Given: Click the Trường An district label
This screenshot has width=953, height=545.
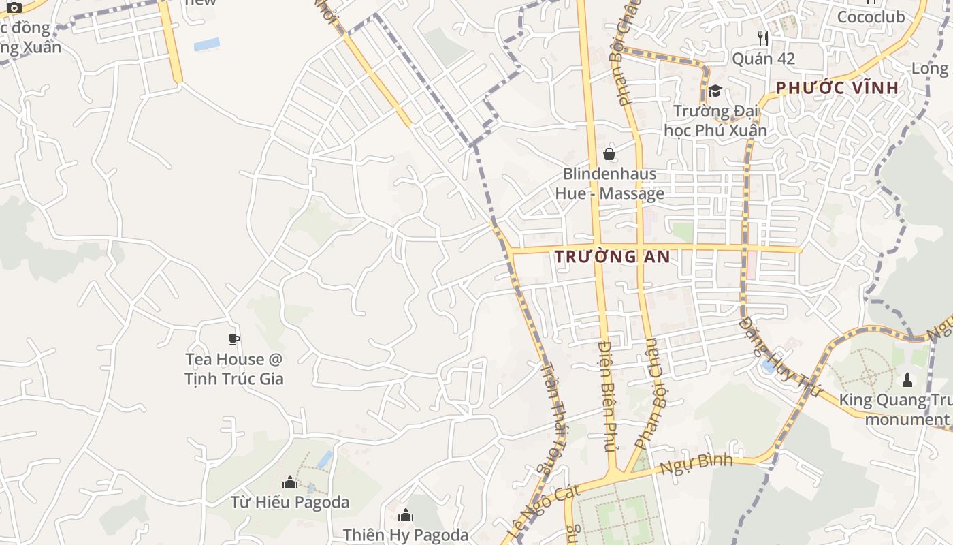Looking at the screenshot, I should tap(613, 257).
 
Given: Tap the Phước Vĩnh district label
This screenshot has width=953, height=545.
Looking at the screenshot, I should tap(837, 88).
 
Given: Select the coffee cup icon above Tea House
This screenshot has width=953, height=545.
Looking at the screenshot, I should tap(234, 339).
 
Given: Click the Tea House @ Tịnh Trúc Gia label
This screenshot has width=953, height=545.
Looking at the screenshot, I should tap(233, 369).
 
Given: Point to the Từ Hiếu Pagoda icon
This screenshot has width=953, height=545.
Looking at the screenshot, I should tap(290, 483).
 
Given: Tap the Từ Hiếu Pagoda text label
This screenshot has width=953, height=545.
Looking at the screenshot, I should tap(290, 503).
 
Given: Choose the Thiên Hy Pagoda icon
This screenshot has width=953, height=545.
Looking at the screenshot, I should tap(406, 515).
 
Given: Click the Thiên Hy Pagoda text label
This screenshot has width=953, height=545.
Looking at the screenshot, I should tap(406, 535).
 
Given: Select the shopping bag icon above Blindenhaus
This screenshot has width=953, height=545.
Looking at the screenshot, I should tap(609, 154).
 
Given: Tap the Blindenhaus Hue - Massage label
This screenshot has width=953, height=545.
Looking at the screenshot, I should tap(609, 183).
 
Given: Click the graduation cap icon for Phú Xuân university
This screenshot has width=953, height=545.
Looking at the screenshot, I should tap(715, 91).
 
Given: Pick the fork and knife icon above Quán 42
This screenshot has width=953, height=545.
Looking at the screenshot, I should tap(763, 39).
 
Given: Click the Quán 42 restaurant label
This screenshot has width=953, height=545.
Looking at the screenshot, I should tap(763, 59).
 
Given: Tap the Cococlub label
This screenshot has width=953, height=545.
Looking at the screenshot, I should tap(871, 17).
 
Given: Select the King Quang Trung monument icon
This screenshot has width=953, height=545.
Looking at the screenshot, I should tap(907, 379).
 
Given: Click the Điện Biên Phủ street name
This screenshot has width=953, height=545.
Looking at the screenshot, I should tap(607, 395).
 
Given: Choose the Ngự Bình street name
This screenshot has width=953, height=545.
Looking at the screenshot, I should tap(696, 465).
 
